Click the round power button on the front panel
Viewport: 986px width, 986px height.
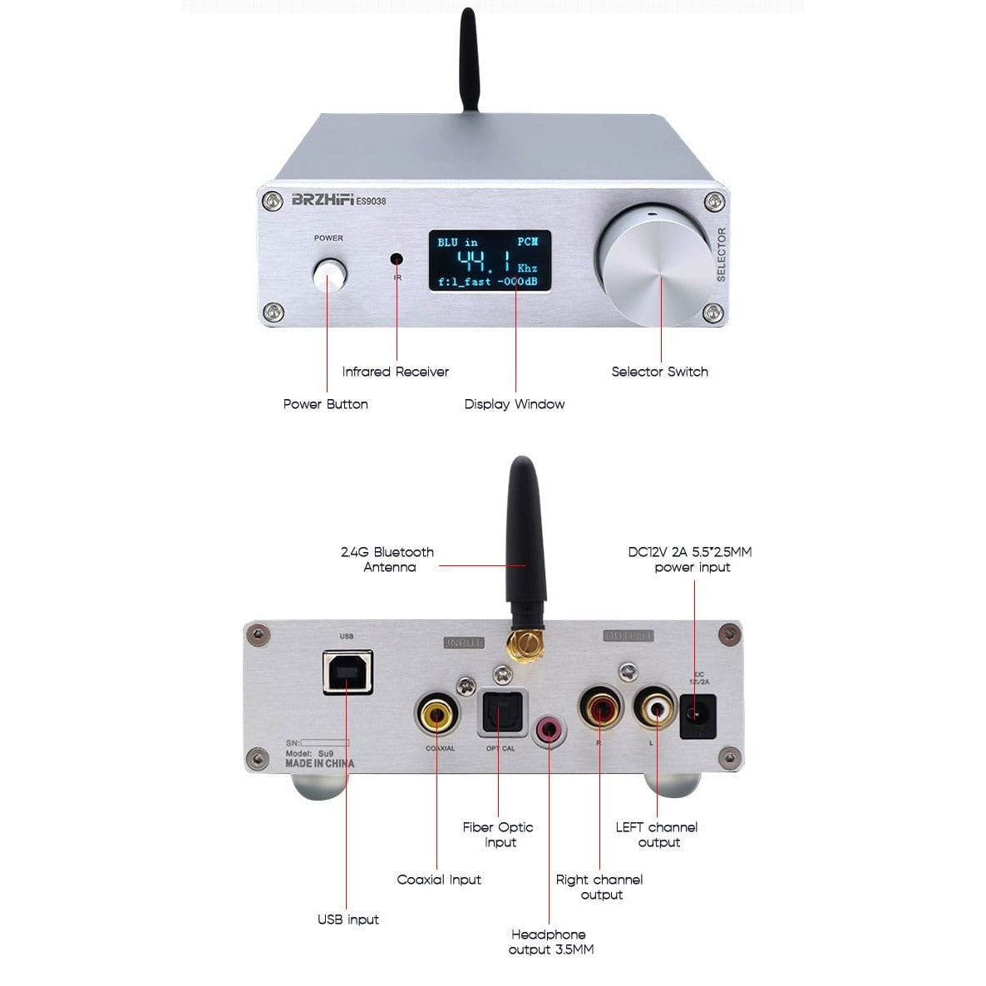pos(328,275)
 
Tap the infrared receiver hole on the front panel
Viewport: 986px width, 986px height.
pos(397,259)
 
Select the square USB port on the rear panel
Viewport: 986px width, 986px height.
pos(348,673)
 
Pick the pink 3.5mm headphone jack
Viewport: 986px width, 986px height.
pos(549,731)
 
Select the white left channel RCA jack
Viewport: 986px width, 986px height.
pos(657,708)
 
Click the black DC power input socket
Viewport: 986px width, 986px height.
pos(698,717)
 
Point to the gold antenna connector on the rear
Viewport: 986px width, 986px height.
pos(524,643)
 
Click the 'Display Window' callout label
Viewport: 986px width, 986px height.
pos(514,404)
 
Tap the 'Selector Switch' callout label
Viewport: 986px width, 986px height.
pos(659,372)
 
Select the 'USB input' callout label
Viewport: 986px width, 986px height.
pos(348,919)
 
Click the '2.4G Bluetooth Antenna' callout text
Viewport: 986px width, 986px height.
pos(388,560)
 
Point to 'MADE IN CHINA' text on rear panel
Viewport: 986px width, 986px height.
pos(319,763)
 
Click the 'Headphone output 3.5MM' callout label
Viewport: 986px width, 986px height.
pos(550,942)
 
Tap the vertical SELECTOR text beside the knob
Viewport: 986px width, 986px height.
pos(721,254)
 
